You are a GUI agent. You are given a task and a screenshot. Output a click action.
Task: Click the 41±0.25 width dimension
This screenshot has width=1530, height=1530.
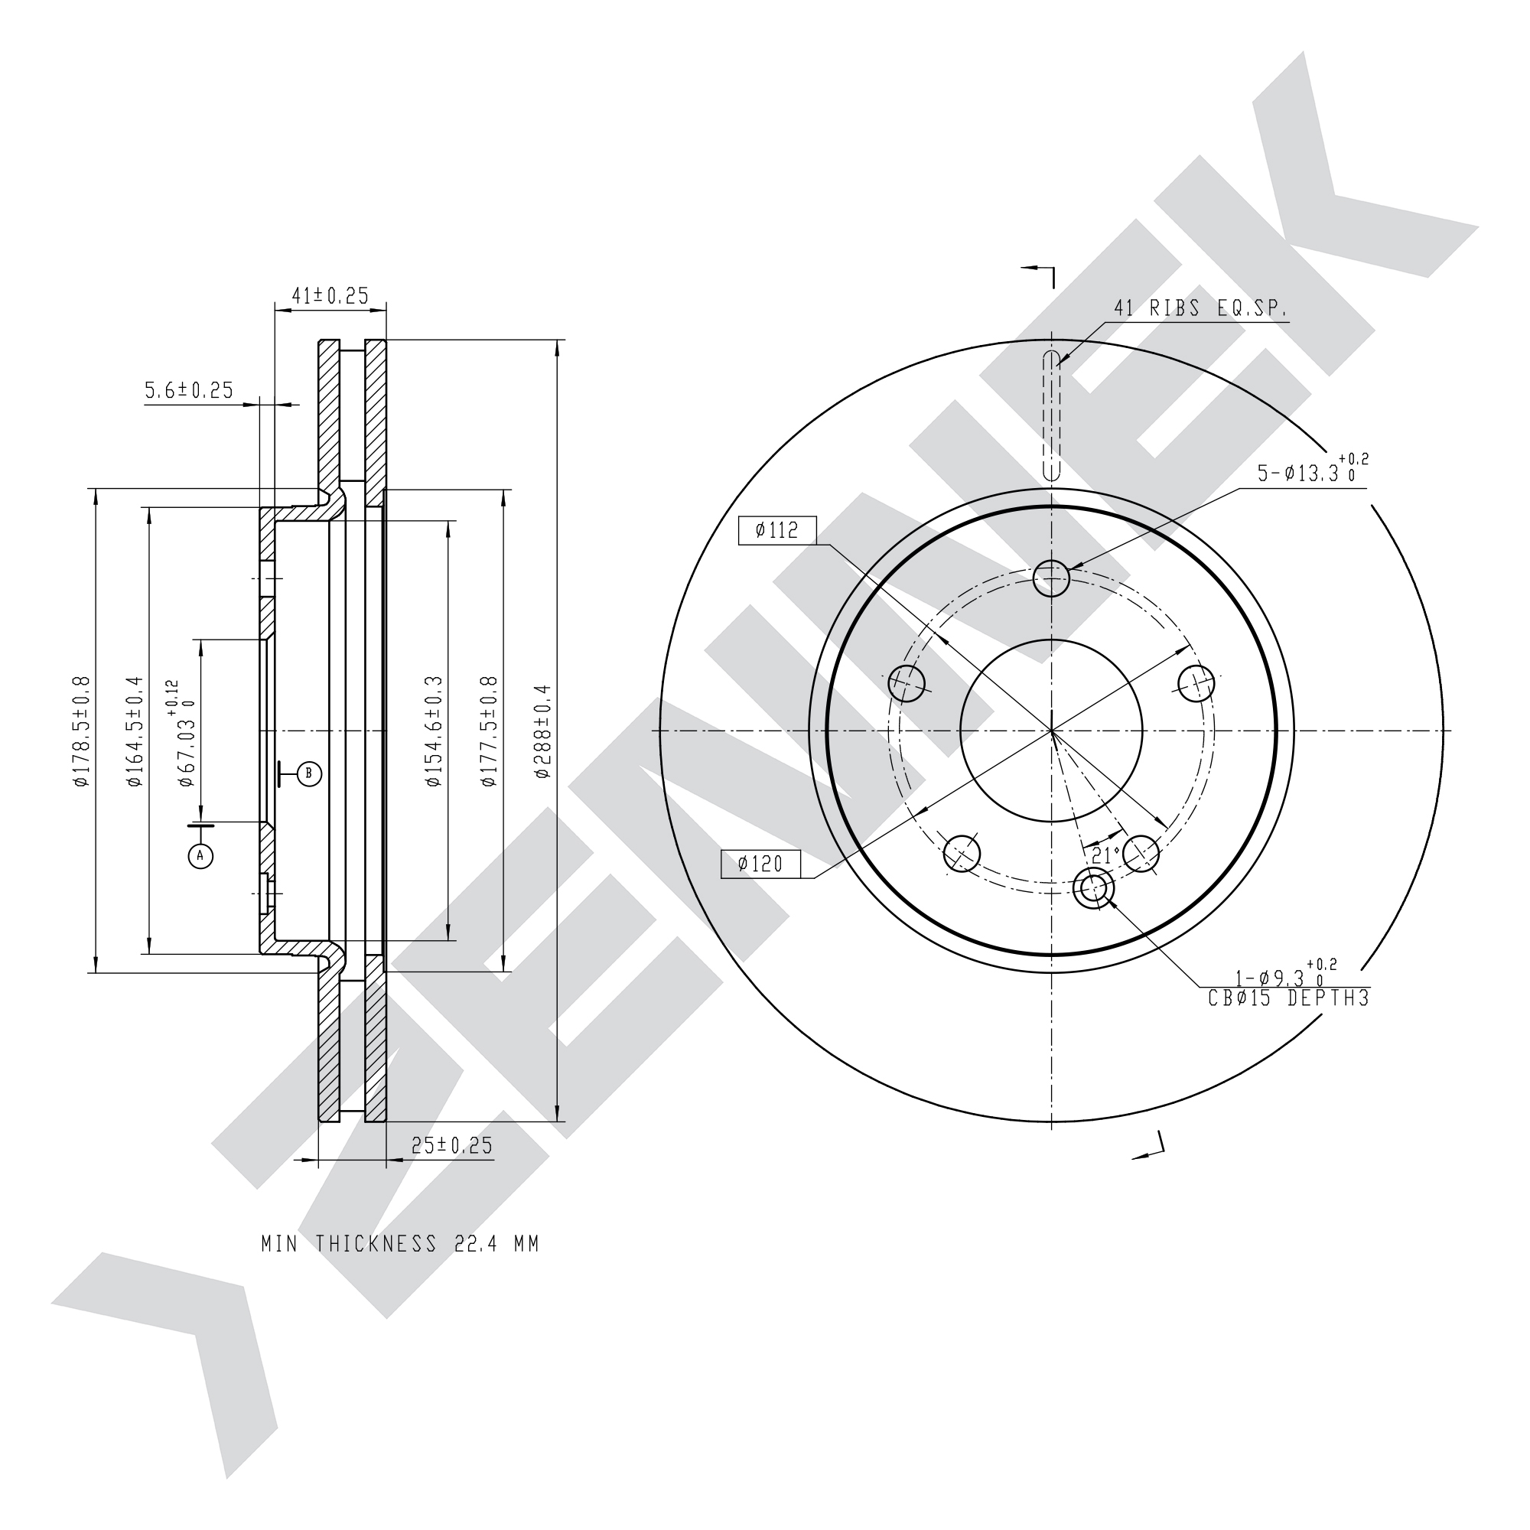(330, 295)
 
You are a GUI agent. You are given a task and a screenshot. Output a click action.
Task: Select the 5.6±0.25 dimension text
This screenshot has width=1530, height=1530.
(189, 389)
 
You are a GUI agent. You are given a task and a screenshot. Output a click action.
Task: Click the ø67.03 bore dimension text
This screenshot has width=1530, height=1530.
(181, 733)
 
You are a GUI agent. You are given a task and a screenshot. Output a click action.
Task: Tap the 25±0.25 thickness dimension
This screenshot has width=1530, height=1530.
(452, 1145)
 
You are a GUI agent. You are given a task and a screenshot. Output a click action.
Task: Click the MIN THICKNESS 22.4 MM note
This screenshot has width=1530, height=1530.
(401, 1244)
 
